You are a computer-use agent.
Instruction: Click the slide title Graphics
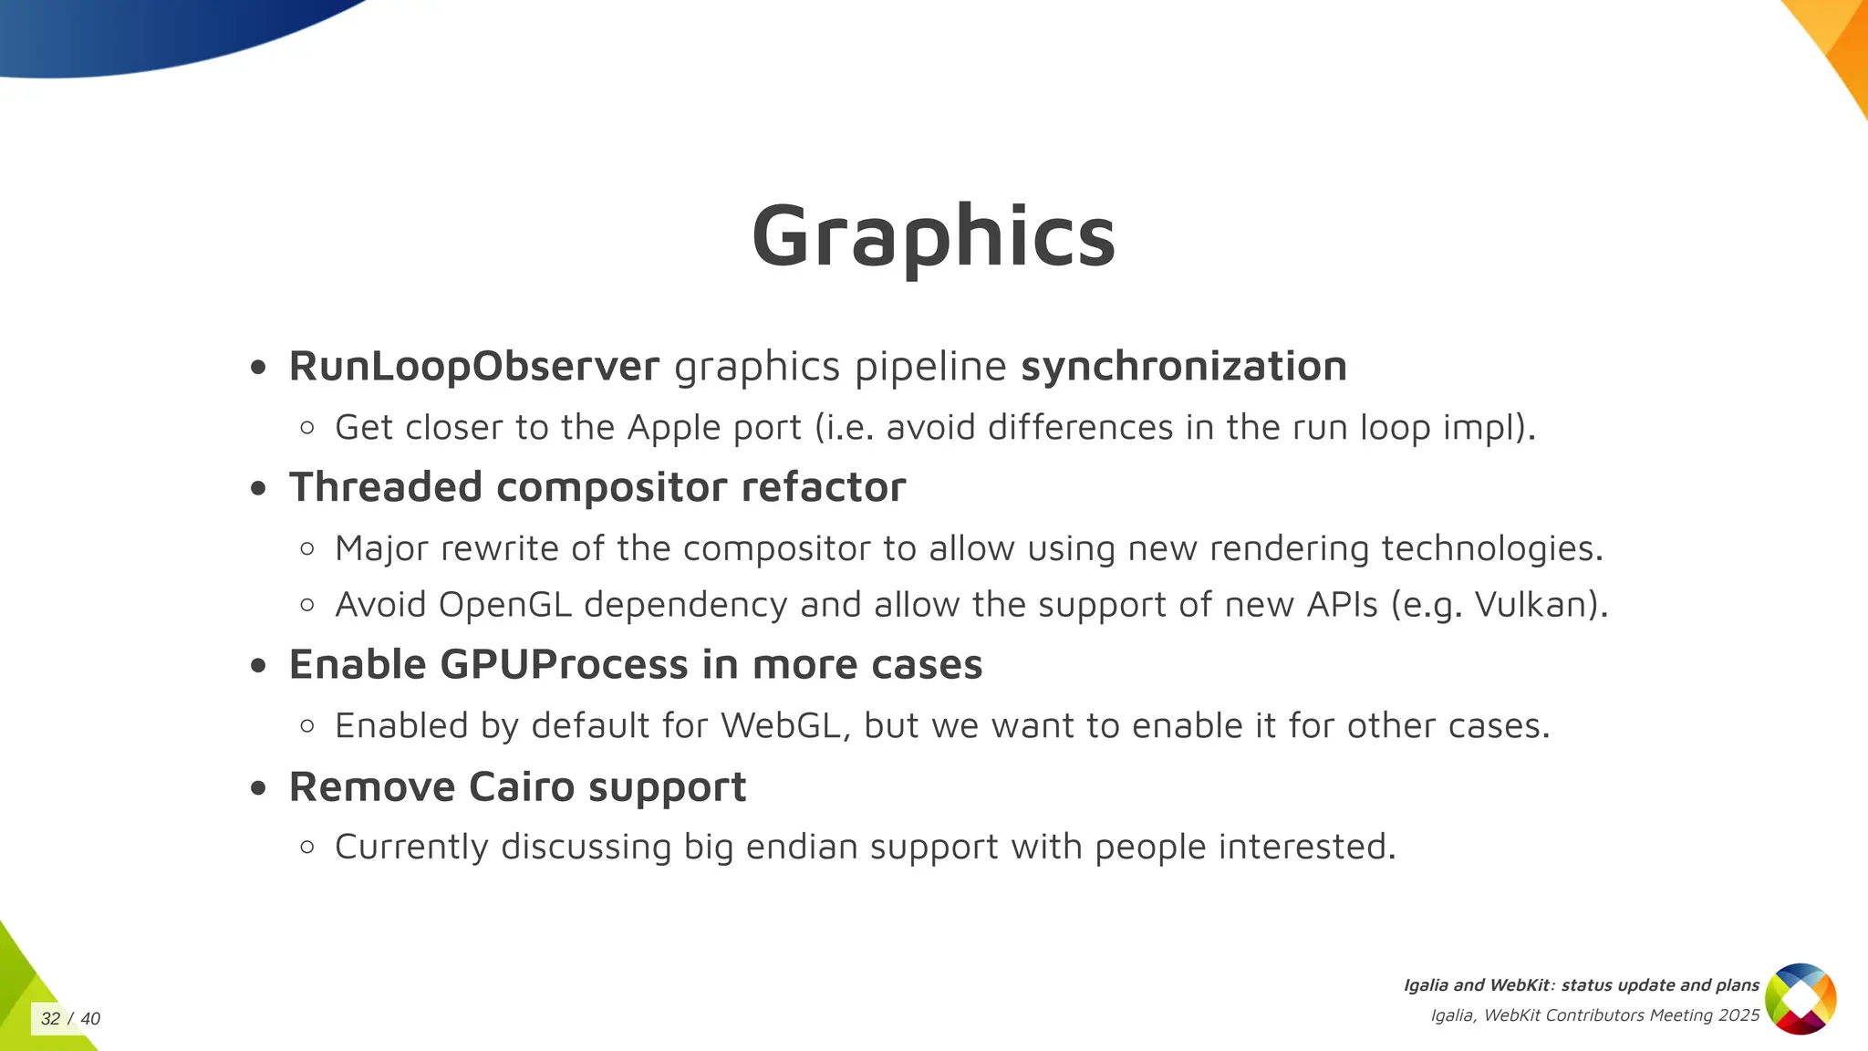coord(933,235)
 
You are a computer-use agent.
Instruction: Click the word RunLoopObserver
coord(473,367)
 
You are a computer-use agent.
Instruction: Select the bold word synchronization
coord(1183,367)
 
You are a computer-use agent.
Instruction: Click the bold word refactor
coord(823,487)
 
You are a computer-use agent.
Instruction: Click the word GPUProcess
coord(564,664)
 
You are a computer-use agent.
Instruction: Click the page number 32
coord(51,1019)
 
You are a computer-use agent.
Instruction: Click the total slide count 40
coord(90,1019)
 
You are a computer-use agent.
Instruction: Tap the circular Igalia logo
coord(1801,999)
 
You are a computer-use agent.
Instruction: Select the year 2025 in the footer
coord(1738,1015)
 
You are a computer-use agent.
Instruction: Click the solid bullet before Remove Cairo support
coord(259,787)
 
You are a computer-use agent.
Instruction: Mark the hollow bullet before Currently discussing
coord(307,848)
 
